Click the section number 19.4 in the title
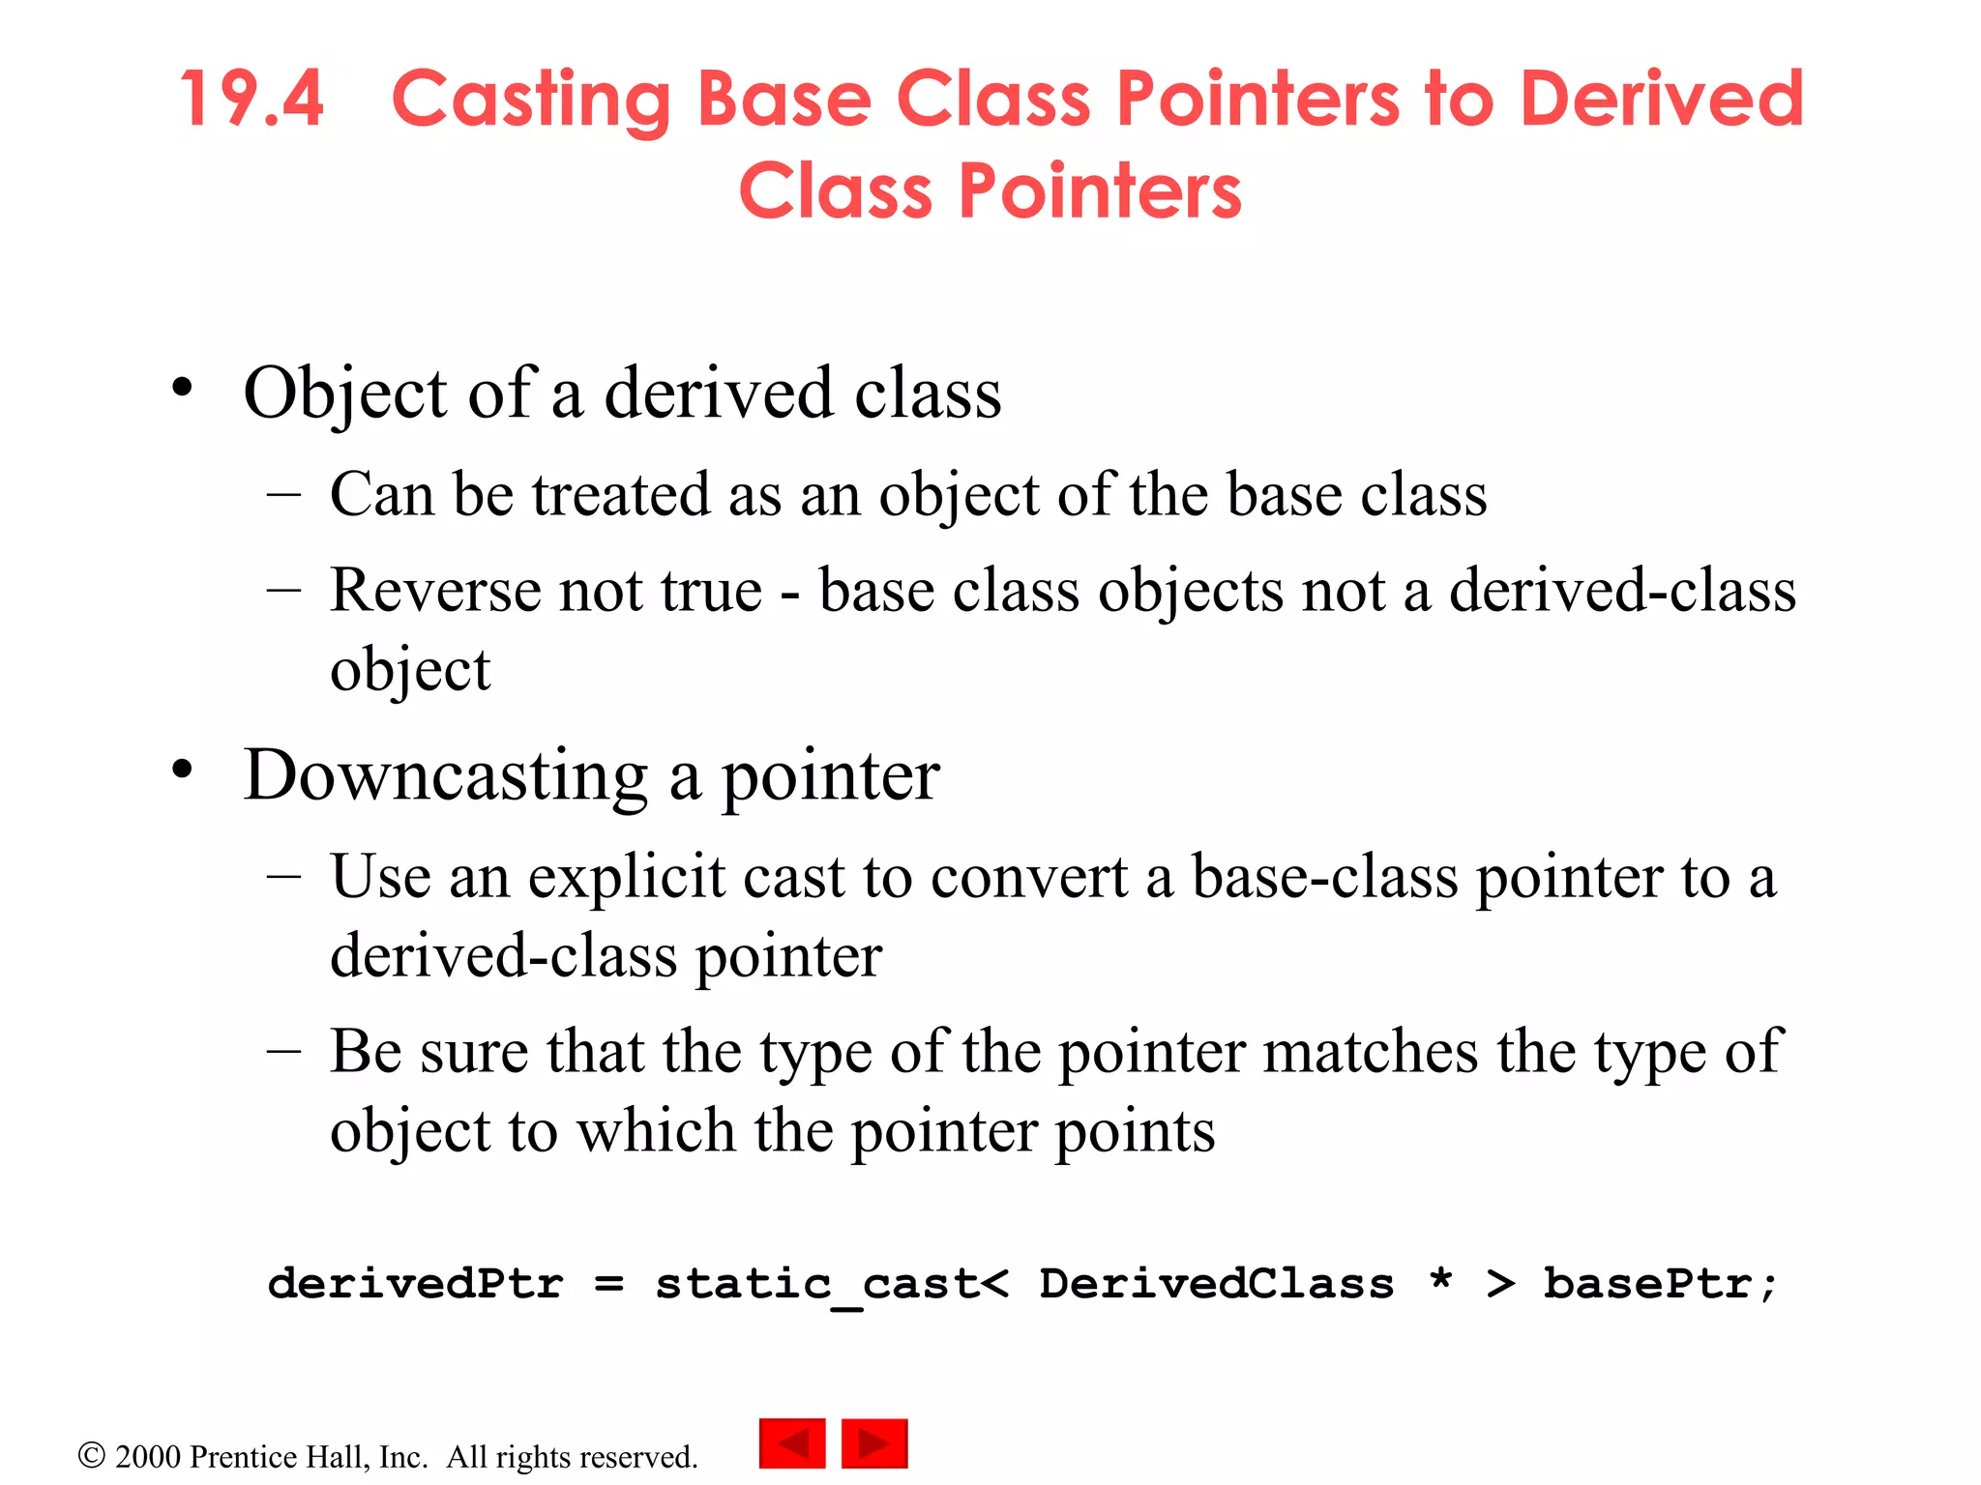[x=251, y=100]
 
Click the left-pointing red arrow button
[x=792, y=1443]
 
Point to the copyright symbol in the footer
[x=91, y=1456]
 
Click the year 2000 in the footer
[x=148, y=1457]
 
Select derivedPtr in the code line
[x=416, y=1284]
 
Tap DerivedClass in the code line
[x=1217, y=1284]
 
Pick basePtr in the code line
[x=1648, y=1284]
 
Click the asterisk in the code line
[x=1440, y=1278]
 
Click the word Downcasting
[x=445, y=775]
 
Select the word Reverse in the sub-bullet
[x=435, y=590]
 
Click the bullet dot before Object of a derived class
[x=182, y=389]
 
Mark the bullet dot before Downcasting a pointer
[x=182, y=771]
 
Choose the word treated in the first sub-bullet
[x=620, y=494]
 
